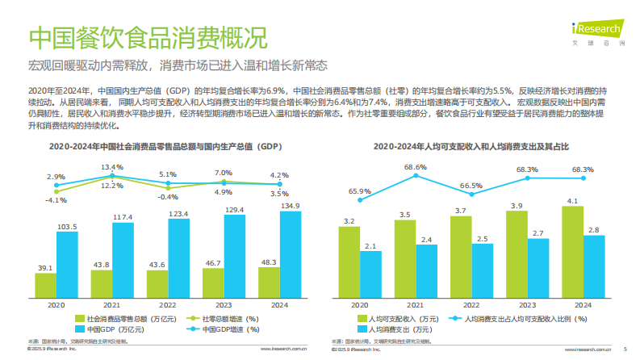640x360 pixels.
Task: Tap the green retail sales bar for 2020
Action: [x=46, y=284]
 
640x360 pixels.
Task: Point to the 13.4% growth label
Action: [x=112, y=167]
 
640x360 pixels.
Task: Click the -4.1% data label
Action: [x=56, y=199]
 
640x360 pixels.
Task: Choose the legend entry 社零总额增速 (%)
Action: [x=220, y=318]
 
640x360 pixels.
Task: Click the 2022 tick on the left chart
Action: [x=168, y=305]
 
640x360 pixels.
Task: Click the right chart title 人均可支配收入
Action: [x=471, y=147]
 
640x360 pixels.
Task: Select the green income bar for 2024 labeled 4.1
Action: [x=572, y=251]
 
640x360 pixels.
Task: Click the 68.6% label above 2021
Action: [x=416, y=167]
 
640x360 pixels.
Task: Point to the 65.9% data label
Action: [x=360, y=191]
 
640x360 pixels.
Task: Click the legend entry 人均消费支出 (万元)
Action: [x=396, y=330]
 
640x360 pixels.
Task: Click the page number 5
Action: [x=625, y=350]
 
